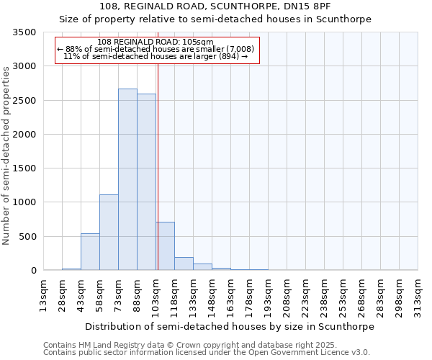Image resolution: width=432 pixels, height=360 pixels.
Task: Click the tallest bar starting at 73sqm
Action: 127,179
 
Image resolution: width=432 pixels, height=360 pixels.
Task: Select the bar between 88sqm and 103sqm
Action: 146,181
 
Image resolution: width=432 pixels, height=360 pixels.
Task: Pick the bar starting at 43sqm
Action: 90,251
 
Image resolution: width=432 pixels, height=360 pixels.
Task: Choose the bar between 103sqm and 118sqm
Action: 165,246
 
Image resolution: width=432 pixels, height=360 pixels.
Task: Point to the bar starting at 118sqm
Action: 184,264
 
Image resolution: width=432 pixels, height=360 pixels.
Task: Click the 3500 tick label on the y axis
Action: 24,32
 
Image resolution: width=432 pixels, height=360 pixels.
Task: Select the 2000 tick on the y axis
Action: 24,135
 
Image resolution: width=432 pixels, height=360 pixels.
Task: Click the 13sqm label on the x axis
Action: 44,294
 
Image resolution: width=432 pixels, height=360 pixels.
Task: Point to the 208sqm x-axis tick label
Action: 287,294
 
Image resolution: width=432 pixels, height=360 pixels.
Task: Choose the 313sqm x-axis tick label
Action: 418,294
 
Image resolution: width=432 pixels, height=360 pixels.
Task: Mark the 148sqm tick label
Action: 212,294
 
